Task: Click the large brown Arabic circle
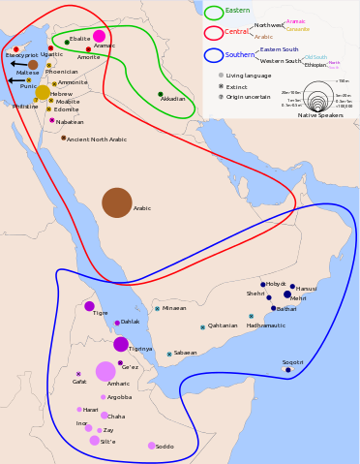point(117,202)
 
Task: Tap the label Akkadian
point(173,99)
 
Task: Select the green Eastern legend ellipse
point(214,13)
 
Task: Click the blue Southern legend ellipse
point(214,55)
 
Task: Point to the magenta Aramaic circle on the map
point(99,36)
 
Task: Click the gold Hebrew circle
point(43,93)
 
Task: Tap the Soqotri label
point(292,362)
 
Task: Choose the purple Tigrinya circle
point(121,344)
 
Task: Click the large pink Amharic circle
point(105,371)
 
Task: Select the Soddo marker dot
point(151,446)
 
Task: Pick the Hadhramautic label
point(266,325)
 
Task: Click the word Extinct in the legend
point(236,86)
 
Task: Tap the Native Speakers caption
point(320,115)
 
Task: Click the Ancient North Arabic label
point(96,139)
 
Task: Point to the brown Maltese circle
point(33,65)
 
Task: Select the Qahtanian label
point(223,325)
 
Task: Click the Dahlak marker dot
point(117,323)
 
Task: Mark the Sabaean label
point(185,353)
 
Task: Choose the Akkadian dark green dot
point(161,94)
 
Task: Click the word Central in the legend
point(237,33)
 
